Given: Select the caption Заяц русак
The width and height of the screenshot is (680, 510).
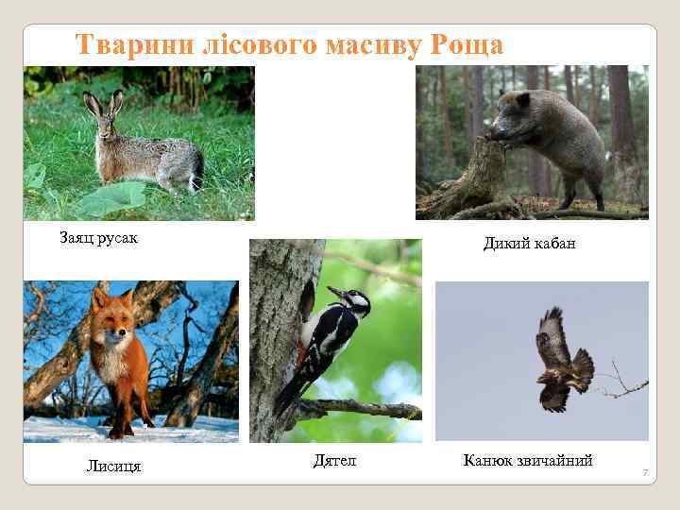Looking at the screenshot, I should (x=99, y=237).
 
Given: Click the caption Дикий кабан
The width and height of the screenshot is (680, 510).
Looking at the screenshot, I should (x=529, y=244).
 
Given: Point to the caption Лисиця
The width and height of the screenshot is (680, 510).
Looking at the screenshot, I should (x=113, y=466).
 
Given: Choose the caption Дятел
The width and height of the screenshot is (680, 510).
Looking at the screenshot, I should (x=334, y=460).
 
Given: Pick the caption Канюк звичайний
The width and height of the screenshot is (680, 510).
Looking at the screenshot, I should (x=528, y=460).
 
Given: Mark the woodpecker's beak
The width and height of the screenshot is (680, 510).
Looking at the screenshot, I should (x=334, y=292).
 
